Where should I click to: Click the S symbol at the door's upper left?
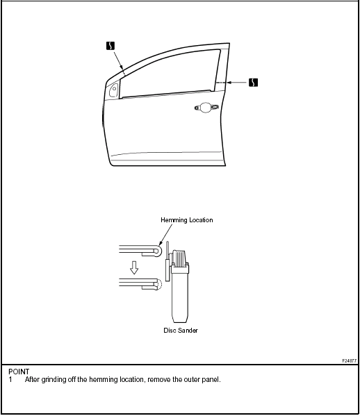point(111,46)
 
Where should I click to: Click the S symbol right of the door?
point(253,83)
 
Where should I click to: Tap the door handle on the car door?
point(206,107)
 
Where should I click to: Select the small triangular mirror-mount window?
point(114,90)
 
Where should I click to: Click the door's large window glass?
point(170,74)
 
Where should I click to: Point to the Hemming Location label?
point(187,220)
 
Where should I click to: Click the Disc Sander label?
point(181,331)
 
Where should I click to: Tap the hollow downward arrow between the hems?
point(134,267)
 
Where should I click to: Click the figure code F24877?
point(349,361)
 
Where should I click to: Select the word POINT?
point(19,372)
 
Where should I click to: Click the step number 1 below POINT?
point(10,380)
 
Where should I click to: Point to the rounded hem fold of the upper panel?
point(158,251)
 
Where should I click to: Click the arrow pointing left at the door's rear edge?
point(237,83)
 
